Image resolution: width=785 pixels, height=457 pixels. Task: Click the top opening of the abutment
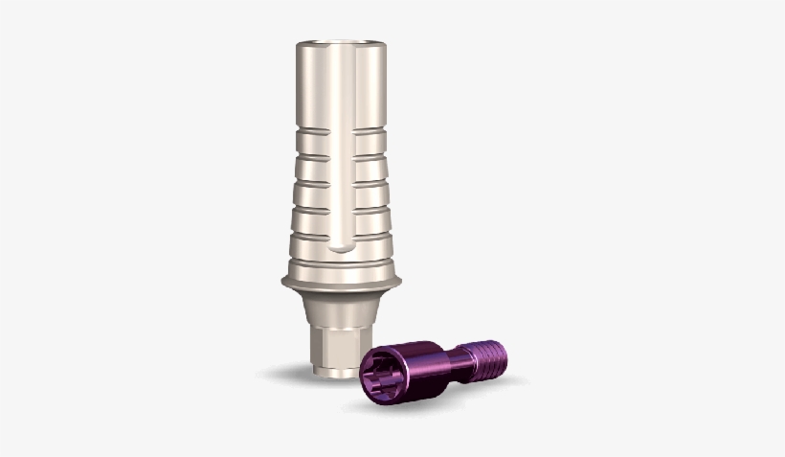(x=342, y=44)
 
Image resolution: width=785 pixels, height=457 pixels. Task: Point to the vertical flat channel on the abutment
(x=343, y=153)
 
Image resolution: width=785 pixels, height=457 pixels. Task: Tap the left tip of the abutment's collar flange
(x=283, y=281)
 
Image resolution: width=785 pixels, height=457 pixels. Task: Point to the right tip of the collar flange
(x=399, y=281)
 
